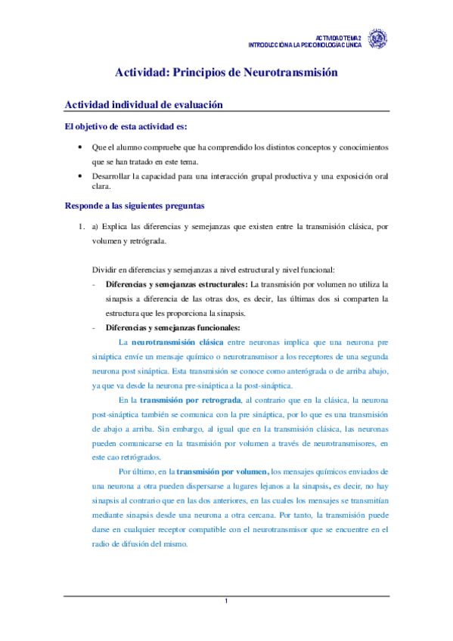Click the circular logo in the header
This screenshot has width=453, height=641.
coord(376,39)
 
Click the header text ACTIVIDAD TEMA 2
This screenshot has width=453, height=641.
coord(338,36)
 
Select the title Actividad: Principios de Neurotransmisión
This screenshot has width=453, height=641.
coord(225,73)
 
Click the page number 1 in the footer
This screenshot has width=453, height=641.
coord(226,600)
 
